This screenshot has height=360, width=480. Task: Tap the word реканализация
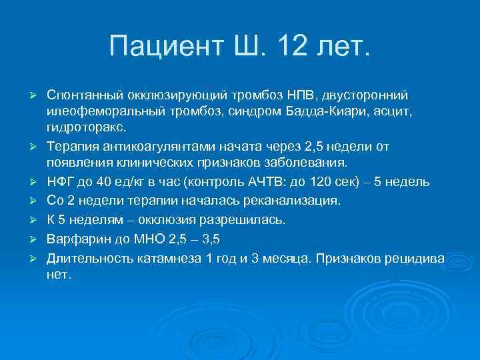293,200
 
